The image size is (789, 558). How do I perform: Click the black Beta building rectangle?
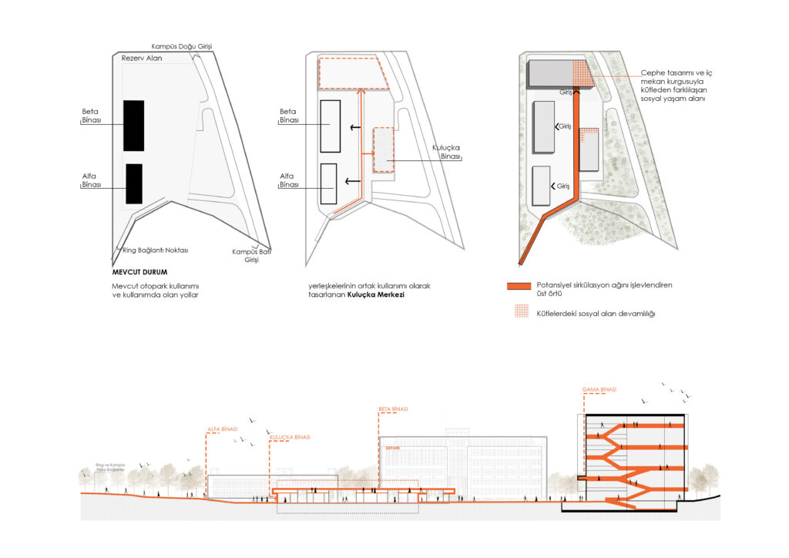134,125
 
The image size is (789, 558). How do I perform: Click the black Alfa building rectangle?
134,183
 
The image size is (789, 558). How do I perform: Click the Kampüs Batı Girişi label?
247,256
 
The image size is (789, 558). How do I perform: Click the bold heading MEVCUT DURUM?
139,272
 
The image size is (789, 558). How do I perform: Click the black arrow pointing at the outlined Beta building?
354,127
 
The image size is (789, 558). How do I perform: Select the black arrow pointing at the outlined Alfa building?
354,181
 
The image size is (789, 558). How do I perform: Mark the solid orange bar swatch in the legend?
526,286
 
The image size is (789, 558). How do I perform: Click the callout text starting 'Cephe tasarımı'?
677,85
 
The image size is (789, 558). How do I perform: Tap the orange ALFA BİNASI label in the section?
222,429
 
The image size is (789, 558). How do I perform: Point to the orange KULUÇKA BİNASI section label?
290,437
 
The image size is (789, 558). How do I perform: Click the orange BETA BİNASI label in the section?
393,408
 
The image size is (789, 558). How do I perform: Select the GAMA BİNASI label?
599,390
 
